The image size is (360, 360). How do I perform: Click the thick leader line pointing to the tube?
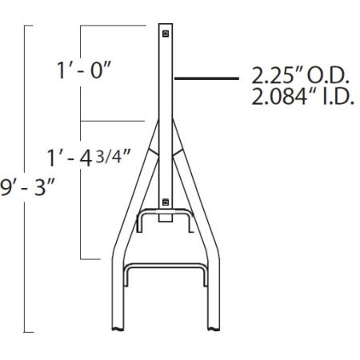(x=206, y=78)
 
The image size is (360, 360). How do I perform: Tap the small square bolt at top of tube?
(x=165, y=34)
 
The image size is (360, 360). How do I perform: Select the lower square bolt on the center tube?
(x=165, y=201)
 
